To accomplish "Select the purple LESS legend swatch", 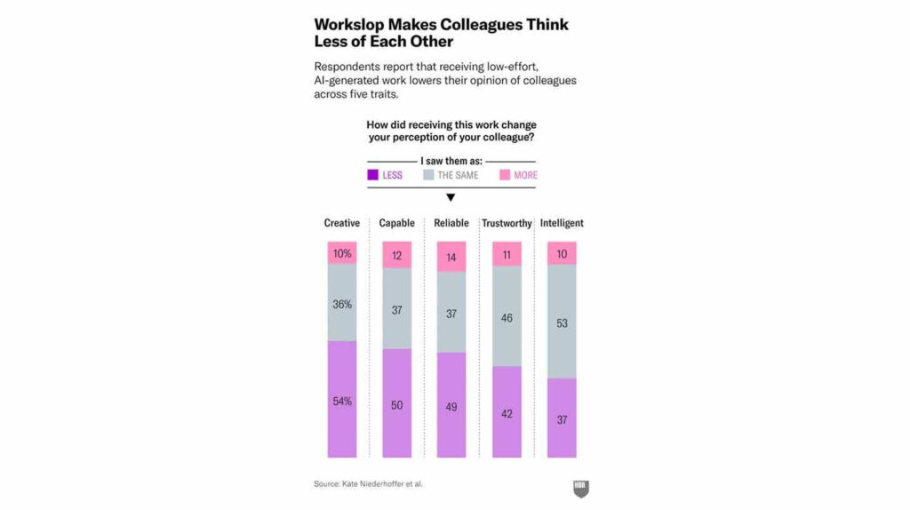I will coord(373,175).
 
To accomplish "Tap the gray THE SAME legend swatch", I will coord(428,175).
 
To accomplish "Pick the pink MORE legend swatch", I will coord(505,175).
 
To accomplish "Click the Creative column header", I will coord(342,223).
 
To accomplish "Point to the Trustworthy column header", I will coord(507,223).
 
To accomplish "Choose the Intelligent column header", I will coord(562,223).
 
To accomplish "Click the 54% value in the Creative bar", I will coord(342,401).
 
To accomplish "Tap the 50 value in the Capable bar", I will coord(396,405).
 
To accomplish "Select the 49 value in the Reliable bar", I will coord(451,407).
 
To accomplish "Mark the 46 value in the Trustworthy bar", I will coord(507,317).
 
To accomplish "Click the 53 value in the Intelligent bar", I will coord(562,323).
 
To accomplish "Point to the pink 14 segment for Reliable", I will coord(451,257).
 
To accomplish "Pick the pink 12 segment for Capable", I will coord(396,255).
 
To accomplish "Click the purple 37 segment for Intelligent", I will coord(562,418).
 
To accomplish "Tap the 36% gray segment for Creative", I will coord(342,304).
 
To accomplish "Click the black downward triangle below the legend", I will coord(451,197).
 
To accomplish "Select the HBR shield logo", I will coord(580,489).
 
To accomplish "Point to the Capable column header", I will coord(396,223).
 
